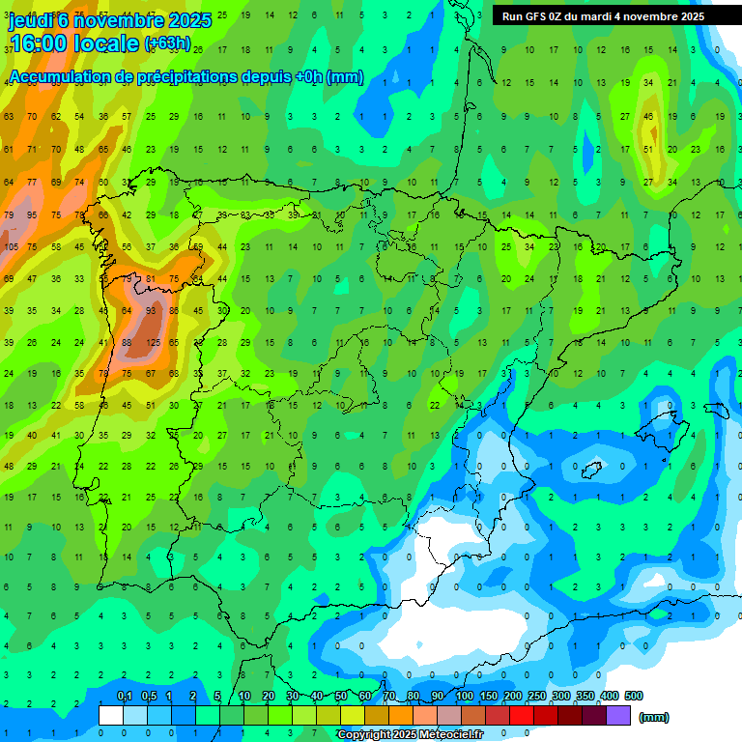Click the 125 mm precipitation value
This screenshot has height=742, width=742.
coord(152,342)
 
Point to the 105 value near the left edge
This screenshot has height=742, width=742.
coord(11,246)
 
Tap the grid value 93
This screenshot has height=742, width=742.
coord(152,310)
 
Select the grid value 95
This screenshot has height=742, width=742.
coord(33,214)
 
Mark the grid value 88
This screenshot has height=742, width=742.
coord(127,342)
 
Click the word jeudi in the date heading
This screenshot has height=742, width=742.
coord(30,20)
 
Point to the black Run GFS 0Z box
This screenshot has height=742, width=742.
coord(603,16)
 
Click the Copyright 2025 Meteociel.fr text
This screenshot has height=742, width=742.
coord(410,735)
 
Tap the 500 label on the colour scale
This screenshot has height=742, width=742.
coord(633,697)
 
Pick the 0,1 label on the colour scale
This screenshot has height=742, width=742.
coord(124,697)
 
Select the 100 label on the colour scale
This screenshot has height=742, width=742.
coord(465,697)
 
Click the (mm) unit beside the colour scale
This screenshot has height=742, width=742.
coord(654,717)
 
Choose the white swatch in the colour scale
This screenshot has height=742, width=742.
coord(111,716)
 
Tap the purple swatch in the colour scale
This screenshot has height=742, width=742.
coord(618,716)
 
